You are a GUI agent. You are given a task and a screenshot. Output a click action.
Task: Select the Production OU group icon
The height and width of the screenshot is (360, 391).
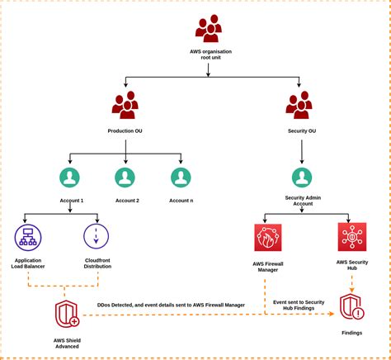pos(125,106)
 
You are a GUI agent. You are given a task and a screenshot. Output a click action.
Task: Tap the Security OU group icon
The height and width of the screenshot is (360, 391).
pos(299,106)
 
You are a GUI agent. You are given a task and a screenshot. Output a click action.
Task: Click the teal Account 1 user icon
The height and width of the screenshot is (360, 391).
pos(70,178)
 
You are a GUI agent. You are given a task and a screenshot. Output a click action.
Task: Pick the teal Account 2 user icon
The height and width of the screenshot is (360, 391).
pos(125,178)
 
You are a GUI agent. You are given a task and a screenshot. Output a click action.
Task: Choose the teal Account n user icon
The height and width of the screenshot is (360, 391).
pos(181,178)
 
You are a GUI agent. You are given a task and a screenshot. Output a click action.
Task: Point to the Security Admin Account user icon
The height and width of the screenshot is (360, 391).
pos(302,178)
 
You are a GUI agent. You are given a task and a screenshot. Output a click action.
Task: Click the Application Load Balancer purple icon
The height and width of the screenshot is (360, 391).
pos(28,237)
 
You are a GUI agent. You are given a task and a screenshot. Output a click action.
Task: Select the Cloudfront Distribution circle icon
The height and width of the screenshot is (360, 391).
pos(97,237)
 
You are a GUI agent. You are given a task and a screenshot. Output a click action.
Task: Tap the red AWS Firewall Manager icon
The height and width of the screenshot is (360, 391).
pos(268,237)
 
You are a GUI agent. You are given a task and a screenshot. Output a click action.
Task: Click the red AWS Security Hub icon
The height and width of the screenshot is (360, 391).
pos(352,237)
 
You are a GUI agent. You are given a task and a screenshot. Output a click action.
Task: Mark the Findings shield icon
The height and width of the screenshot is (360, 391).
pos(352,306)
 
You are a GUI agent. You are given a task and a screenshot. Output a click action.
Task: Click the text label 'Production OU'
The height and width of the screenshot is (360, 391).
pos(125,130)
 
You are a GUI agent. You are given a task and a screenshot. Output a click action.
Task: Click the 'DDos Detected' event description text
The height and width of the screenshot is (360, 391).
pos(171,305)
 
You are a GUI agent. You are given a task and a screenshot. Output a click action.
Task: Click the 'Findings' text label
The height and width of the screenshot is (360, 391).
pos(352,333)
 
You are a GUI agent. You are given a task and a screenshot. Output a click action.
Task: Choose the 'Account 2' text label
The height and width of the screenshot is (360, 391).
pos(126,200)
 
